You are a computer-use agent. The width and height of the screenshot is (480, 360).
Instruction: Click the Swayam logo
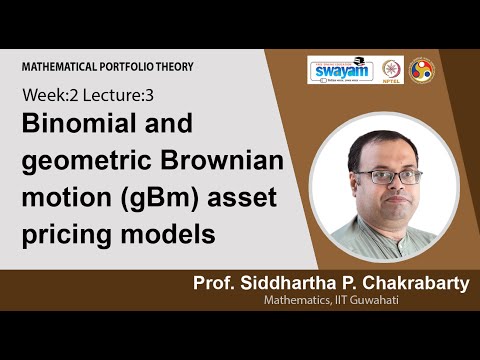click(338, 70)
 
